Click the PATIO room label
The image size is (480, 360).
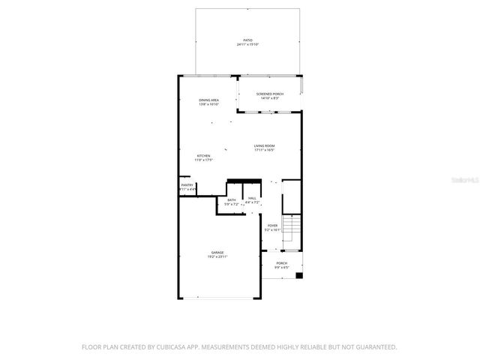click(x=247, y=40)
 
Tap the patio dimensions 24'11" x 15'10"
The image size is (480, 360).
click(x=247, y=45)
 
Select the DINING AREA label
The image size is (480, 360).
click(x=208, y=100)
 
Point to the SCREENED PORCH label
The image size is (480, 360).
click(x=269, y=94)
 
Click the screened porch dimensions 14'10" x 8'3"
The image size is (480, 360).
click(x=269, y=98)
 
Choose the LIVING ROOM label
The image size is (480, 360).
click(x=264, y=145)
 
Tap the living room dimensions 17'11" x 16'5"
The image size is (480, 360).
click(x=264, y=150)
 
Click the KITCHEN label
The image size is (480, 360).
click(x=204, y=155)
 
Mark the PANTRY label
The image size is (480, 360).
click(x=187, y=185)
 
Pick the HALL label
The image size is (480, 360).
click(x=253, y=198)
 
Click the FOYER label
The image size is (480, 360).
click(x=273, y=225)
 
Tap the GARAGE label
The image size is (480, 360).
click(x=217, y=253)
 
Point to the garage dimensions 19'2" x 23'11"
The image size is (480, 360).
click(x=217, y=257)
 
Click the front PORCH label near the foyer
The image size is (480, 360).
click(x=282, y=263)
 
